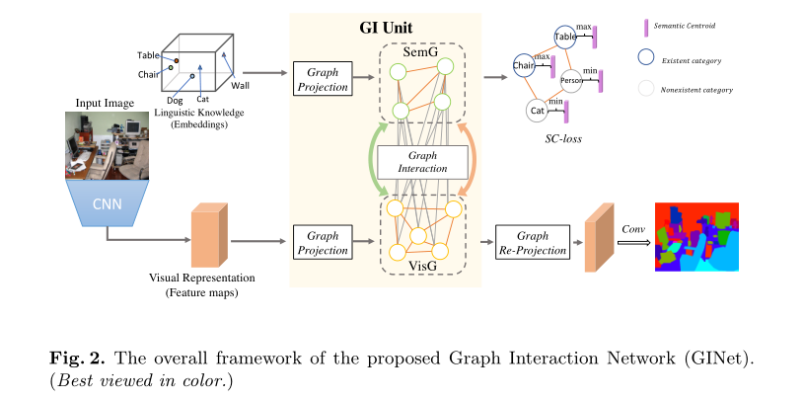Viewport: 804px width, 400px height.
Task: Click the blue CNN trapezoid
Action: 107,206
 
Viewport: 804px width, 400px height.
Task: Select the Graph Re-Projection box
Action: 533,242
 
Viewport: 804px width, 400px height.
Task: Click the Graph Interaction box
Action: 421,161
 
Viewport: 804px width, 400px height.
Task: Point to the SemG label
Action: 421,50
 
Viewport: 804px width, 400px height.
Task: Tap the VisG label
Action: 421,267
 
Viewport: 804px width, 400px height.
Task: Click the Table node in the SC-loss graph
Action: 565,37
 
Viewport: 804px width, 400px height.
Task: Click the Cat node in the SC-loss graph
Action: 538,111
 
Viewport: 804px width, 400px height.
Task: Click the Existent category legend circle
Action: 647,60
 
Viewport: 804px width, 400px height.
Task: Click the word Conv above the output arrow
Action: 632,228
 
